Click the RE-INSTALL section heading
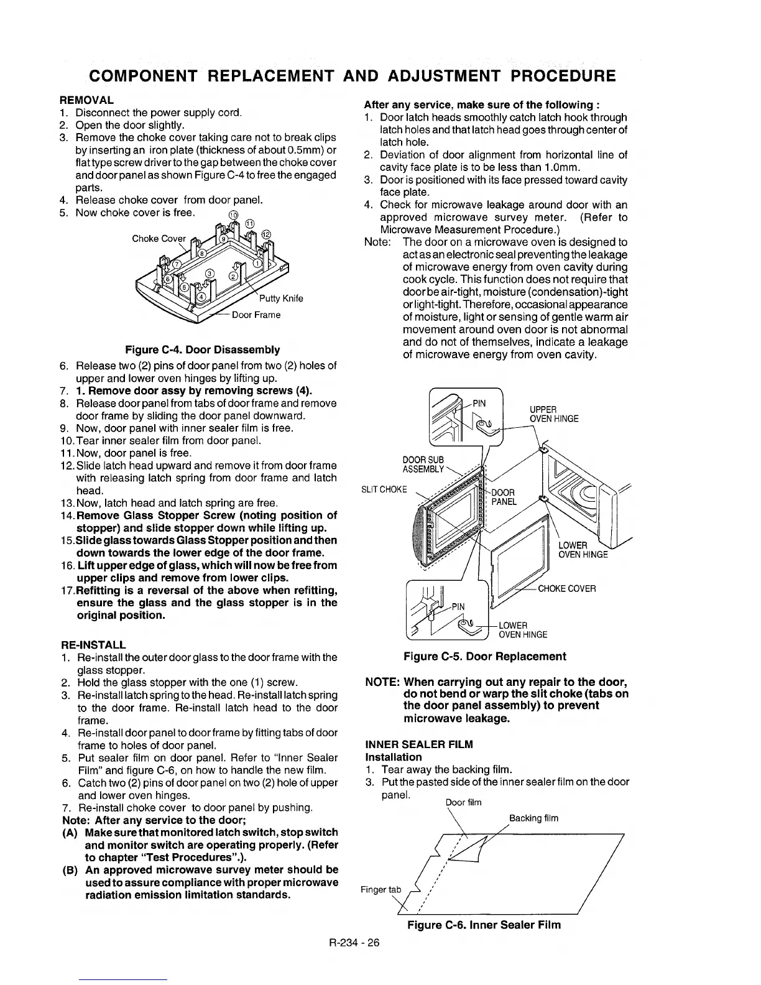(93, 644)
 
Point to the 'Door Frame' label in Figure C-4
(256, 315)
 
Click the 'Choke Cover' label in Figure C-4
(159, 239)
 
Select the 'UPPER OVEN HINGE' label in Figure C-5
(554, 414)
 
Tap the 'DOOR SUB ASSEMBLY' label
(423, 464)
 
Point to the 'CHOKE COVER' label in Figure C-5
(566, 588)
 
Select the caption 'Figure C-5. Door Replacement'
(485, 657)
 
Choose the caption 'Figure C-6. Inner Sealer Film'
(484, 925)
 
